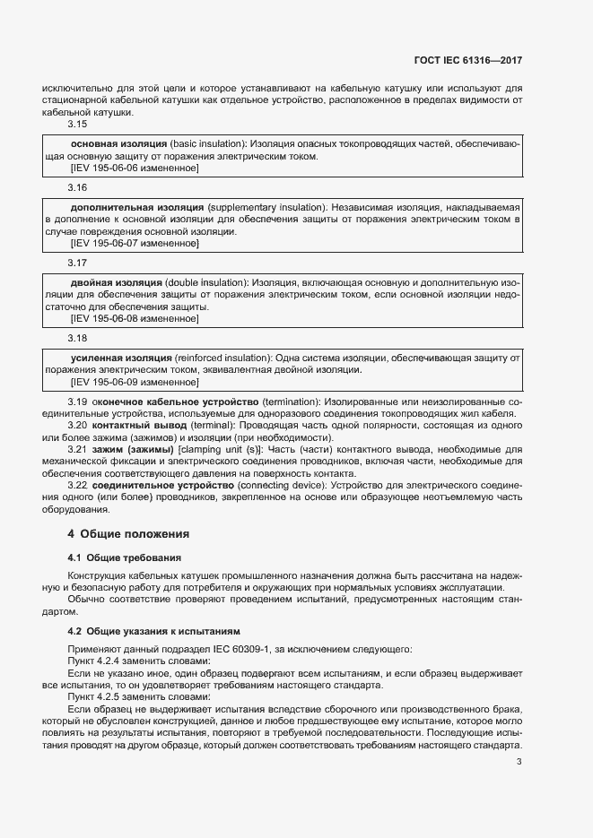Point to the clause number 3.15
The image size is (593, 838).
tap(77, 125)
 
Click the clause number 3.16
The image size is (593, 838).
tap(77, 188)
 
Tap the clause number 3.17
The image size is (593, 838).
tap(77, 263)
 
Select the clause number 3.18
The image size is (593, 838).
tap(77, 338)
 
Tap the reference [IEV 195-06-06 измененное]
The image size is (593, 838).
tap(134, 168)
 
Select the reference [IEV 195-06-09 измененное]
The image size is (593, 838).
tap(134, 381)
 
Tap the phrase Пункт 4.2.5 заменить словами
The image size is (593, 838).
tap(139, 695)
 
